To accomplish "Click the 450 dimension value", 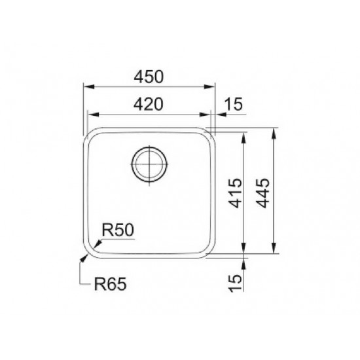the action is (x=149, y=77).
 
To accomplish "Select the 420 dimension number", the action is (x=149, y=104).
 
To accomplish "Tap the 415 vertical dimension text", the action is (x=236, y=193).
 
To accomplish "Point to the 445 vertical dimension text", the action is (x=262, y=193).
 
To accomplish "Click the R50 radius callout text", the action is (x=118, y=230).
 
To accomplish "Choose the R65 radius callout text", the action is (x=111, y=284).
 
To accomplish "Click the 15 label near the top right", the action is (x=233, y=104).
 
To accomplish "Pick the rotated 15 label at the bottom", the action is (x=236, y=283).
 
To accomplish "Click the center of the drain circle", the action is (x=149, y=164).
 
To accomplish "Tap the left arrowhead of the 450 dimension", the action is (x=88, y=86).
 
